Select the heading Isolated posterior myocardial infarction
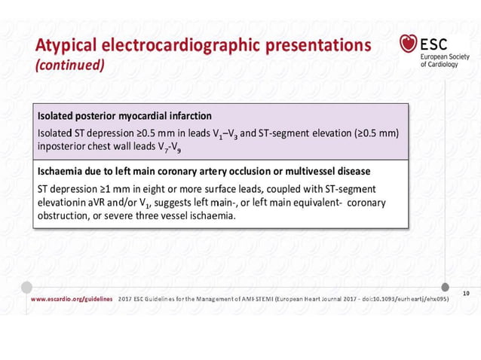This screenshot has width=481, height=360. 124,116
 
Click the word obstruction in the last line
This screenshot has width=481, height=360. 66,216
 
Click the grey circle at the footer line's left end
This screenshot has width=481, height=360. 26,287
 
